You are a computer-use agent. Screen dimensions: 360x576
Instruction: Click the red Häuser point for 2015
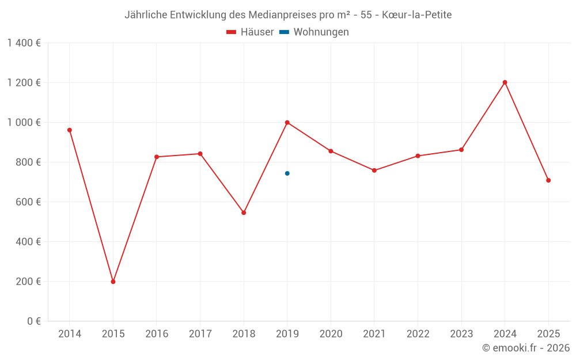point(113,282)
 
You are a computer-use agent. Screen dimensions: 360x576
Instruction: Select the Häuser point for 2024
point(505,82)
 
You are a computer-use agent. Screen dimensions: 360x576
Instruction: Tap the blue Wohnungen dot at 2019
point(287,173)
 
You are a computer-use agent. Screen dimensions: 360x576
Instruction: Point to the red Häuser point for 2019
point(287,122)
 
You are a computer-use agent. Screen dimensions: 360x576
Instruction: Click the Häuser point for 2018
point(244,213)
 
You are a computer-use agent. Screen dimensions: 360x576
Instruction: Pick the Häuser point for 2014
point(70,130)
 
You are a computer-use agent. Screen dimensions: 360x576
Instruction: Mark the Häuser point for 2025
point(548,180)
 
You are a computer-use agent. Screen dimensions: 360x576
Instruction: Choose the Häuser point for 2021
point(374,170)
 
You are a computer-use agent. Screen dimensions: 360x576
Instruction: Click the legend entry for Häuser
point(250,32)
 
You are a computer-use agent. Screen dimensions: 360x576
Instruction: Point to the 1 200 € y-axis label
point(24,82)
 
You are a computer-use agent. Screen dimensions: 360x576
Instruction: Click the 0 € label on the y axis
point(32,321)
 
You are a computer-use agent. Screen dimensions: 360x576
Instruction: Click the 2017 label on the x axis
point(200,334)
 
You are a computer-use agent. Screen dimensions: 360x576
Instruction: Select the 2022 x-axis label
point(418,334)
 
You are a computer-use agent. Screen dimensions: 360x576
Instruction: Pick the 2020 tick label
point(331,334)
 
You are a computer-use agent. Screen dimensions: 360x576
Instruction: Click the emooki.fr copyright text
point(526,348)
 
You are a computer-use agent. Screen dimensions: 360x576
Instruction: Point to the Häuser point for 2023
point(461,150)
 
